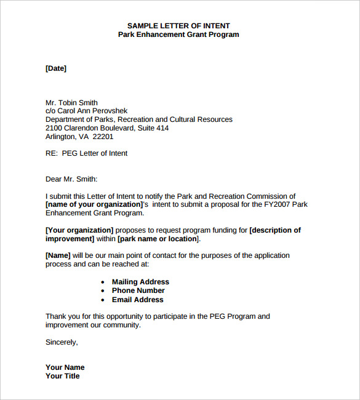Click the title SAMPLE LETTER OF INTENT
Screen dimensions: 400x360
tap(178, 26)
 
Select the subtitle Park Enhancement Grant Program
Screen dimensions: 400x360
tap(178, 34)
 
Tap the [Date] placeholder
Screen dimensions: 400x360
tap(56, 68)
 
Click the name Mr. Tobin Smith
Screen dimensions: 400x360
tap(71, 103)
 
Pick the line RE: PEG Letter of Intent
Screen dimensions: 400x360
tap(86, 153)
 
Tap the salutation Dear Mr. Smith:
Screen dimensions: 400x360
tap(71, 179)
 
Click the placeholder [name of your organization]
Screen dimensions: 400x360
tap(94, 204)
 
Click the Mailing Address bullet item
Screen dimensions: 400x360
tap(140, 282)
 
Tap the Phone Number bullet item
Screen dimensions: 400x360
tap(138, 290)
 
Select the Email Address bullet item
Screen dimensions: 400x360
tap(137, 300)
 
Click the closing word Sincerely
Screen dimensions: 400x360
tap(62, 342)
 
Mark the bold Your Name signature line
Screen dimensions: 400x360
tap(65, 367)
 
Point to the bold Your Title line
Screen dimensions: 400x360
tap(63, 376)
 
